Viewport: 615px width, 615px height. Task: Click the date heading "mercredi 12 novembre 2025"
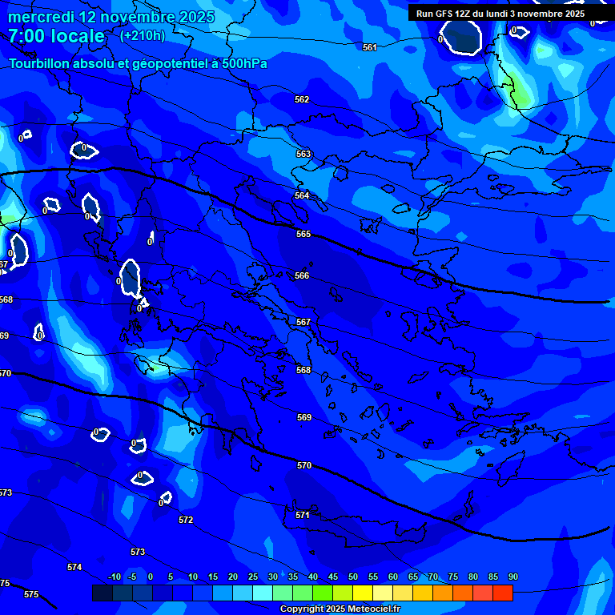click(x=111, y=17)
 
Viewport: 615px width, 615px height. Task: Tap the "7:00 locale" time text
click(x=56, y=36)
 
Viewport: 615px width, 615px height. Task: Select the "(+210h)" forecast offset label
click(x=143, y=35)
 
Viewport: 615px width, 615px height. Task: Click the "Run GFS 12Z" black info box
click(x=500, y=14)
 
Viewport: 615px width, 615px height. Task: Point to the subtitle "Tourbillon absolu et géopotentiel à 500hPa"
click(x=138, y=63)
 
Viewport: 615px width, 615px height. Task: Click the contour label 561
click(x=369, y=47)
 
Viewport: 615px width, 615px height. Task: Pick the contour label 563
click(x=303, y=154)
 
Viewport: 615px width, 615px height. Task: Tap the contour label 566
click(x=302, y=275)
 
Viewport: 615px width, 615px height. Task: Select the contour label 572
click(x=186, y=520)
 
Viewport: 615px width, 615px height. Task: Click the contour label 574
click(x=74, y=567)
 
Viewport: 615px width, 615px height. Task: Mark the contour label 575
click(x=31, y=594)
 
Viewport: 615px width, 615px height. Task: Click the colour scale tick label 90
click(x=512, y=577)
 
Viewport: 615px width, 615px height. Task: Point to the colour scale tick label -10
click(x=115, y=577)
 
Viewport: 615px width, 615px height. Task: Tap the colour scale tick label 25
click(x=253, y=577)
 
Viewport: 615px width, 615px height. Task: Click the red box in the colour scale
click(x=502, y=593)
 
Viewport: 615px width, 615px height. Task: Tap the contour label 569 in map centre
click(x=304, y=417)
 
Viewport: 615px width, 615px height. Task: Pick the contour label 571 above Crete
click(x=302, y=515)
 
